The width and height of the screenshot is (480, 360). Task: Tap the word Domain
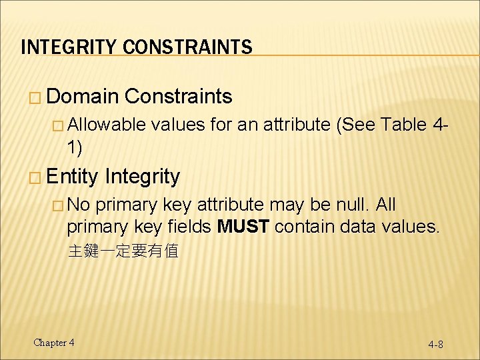pyautogui.click(x=83, y=97)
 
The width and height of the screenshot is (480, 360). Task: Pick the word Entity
pyautogui.click(x=73, y=177)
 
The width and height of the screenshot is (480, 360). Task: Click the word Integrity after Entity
pyautogui.click(x=142, y=177)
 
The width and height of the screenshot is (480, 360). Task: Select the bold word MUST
pyautogui.click(x=243, y=227)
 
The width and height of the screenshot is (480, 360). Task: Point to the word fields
pyautogui.click(x=188, y=227)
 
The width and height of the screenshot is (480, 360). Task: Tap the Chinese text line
pyautogui.click(x=123, y=251)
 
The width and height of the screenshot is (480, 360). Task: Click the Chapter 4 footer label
pyautogui.click(x=54, y=343)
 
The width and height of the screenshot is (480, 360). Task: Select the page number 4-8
pyautogui.click(x=436, y=345)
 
